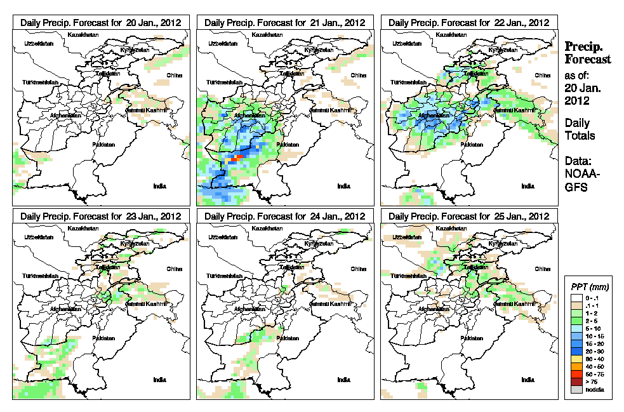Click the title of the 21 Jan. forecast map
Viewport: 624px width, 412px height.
coord(285,22)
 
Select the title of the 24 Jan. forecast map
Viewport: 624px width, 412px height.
coord(285,216)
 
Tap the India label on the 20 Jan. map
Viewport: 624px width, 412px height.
coord(159,186)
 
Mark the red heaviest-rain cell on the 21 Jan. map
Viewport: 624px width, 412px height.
coord(239,156)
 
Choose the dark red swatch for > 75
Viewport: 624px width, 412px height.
coord(574,382)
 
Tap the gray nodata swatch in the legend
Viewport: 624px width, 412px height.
coord(574,390)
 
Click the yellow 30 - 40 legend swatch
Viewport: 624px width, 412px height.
coord(574,359)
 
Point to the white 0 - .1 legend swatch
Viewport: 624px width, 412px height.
coord(574,298)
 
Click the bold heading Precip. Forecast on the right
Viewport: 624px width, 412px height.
coord(587,53)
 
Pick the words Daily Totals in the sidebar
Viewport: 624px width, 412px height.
coord(578,129)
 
